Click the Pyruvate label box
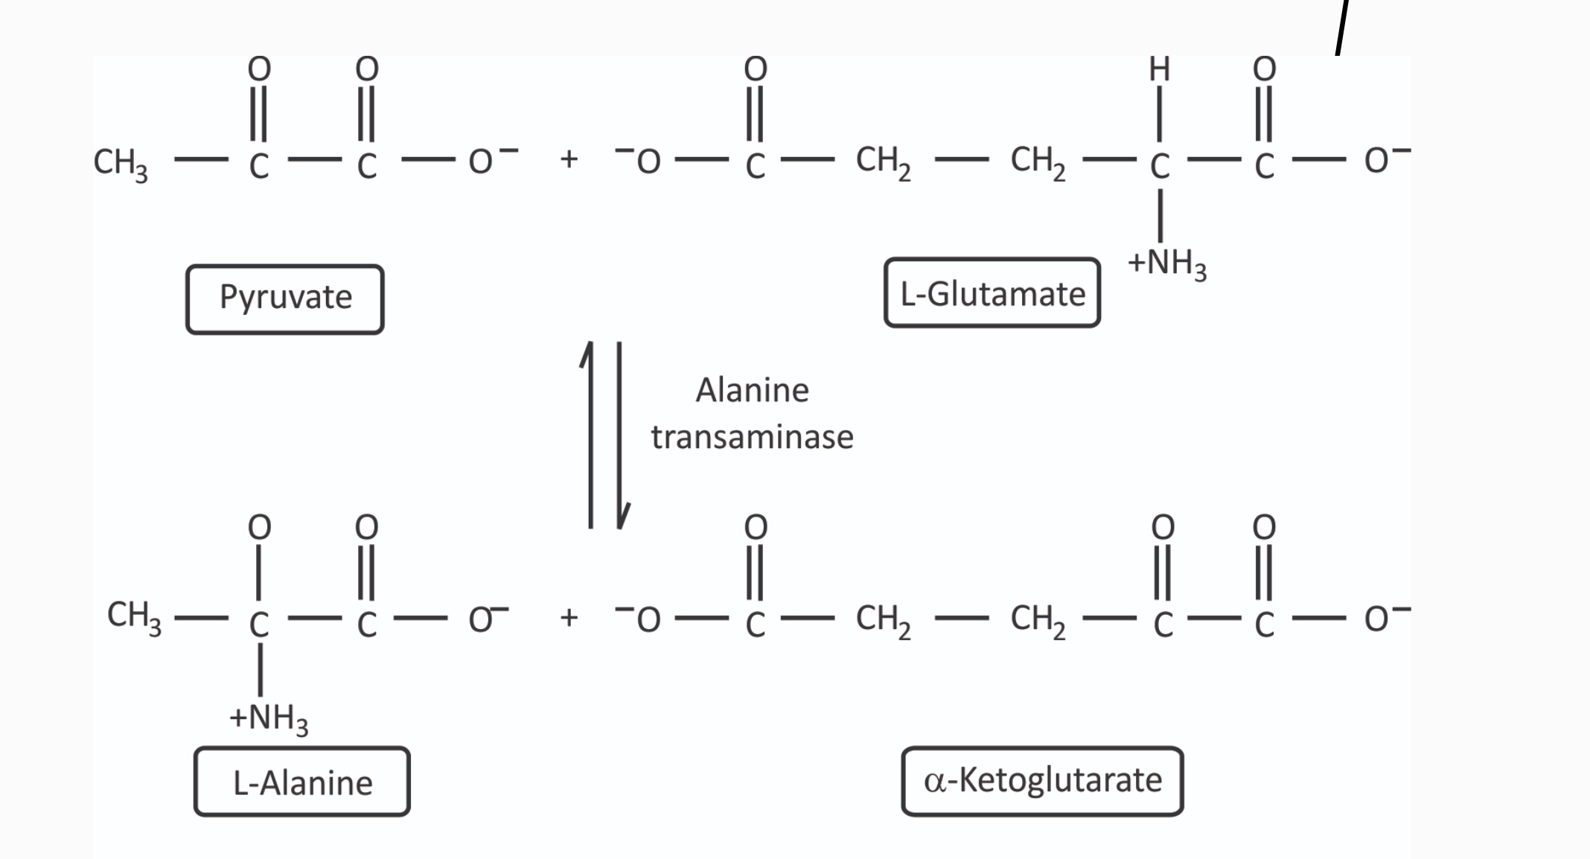click(285, 298)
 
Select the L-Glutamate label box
click(992, 293)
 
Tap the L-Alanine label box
click(302, 782)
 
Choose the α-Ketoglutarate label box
click(1042, 781)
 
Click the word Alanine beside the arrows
click(752, 390)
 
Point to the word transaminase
click(752, 437)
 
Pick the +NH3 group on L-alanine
click(269, 718)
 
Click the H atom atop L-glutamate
click(1159, 69)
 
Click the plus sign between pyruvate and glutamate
click(569, 159)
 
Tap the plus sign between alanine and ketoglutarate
click(569, 617)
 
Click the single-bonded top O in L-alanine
click(259, 527)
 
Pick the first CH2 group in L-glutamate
click(883, 162)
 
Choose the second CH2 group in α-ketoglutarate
click(1038, 620)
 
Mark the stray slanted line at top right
click(1341, 28)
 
